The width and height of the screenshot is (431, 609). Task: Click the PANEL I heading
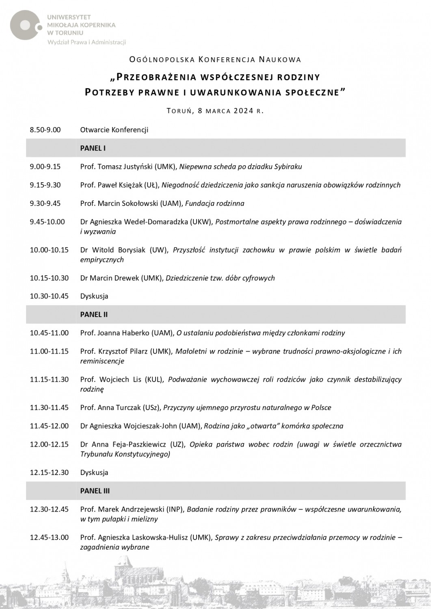tap(93, 148)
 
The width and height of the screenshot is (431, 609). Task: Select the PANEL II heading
tap(94, 315)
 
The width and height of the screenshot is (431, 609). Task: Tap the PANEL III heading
tap(95, 491)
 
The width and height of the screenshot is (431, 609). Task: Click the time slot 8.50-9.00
tap(45, 130)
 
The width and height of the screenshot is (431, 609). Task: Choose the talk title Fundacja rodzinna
tap(214, 203)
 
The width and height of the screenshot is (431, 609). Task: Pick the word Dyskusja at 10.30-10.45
tap(94, 296)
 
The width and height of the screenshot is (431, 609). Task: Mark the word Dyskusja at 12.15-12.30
tap(94, 473)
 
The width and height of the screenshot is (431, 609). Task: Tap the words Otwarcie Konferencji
tap(114, 130)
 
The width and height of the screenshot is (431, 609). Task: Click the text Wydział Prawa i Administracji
tap(87, 42)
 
